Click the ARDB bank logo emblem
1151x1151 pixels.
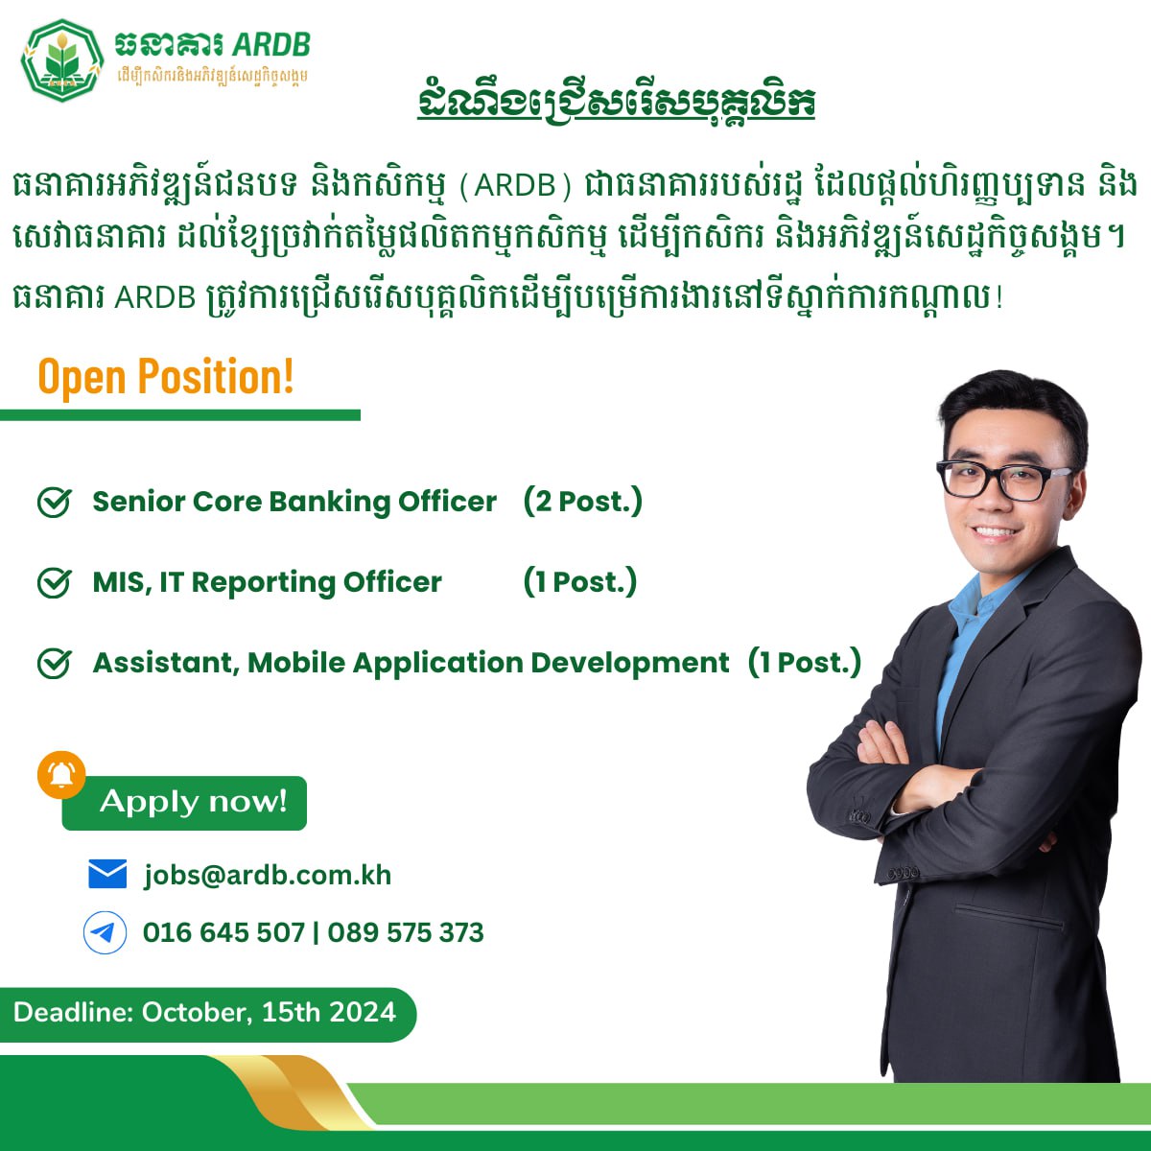[x=62, y=60]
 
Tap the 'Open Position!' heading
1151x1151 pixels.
[x=165, y=376]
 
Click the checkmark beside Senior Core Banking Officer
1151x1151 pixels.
[x=55, y=502]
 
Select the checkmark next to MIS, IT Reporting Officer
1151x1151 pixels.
[x=55, y=582]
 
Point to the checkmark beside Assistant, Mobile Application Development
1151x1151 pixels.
[x=55, y=663]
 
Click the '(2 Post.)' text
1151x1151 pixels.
[x=582, y=501]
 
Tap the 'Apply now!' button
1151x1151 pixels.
[x=184, y=803]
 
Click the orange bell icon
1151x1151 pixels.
[x=61, y=775]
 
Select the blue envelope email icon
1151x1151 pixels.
[x=107, y=874]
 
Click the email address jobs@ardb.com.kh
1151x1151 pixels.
[x=268, y=876]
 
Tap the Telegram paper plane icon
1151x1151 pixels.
[x=106, y=932]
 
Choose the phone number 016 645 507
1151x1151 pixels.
[x=224, y=932]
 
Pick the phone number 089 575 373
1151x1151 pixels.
[x=406, y=932]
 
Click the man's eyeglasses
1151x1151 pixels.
[x=1003, y=480]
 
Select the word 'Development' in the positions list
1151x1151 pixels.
[x=629, y=664]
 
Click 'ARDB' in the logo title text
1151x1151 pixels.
[x=271, y=44]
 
